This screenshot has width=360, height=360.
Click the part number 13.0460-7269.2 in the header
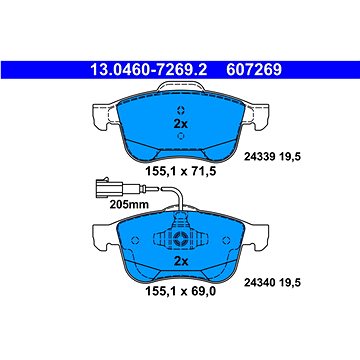pyautogui.click(x=149, y=70)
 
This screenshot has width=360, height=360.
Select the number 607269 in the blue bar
pyautogui.click(x=254, y=70)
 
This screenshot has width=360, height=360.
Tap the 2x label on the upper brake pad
pyautogui.click(x=181, y=124)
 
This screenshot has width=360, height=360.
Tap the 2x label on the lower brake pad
pyautogui.click(x=181, y=261)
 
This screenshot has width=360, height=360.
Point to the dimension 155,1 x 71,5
pyautogui.click(x=181, y=171)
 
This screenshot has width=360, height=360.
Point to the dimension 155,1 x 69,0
pyautogui.click(x=181, y=292)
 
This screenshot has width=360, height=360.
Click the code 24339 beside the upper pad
pyautogui.click(x=259, y=156)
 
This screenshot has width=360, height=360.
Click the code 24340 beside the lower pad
pyautogui.click(x=259, y=283)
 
